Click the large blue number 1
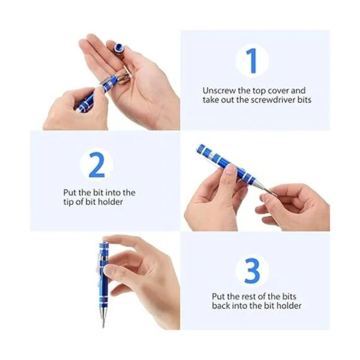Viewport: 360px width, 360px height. point(252,61)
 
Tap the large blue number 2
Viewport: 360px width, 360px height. point(97,164)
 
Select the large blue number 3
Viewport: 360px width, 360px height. point(252,271)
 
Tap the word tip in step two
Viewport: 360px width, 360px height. point(68,202)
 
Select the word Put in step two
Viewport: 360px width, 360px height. point(70,192)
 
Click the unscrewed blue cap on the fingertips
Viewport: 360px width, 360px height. point(119,48)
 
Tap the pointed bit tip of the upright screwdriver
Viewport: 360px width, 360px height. point(103,324)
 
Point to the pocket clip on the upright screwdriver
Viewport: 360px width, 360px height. point(100,266)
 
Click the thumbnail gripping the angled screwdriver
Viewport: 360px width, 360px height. point(230,170)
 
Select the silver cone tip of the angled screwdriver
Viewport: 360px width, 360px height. point(259,184)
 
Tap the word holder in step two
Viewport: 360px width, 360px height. point(110,202)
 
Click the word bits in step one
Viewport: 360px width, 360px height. point(305,100)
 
